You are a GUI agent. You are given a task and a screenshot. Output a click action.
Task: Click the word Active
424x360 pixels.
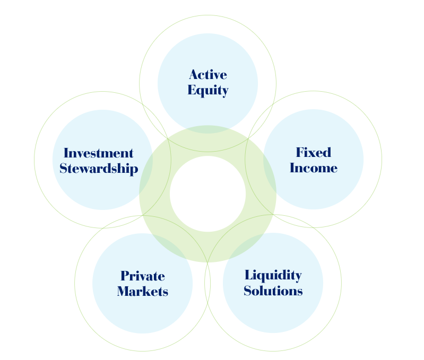207,75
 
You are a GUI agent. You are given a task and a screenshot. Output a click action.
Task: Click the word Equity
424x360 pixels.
207,91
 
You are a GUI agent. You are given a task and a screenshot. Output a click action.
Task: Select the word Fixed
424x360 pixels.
313,153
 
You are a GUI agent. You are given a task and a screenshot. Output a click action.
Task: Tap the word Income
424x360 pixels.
313,169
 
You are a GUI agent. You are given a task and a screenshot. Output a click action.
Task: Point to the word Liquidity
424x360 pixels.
273,276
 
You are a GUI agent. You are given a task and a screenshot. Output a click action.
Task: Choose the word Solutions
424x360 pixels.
273,291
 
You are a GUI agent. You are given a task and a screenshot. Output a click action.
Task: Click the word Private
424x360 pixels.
142,276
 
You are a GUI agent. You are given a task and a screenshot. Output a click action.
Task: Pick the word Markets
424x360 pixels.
142,291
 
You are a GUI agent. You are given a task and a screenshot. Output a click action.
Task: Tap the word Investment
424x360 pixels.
98,153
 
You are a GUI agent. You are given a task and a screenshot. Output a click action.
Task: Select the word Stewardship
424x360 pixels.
99,169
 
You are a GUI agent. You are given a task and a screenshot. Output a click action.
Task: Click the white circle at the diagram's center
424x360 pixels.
207,194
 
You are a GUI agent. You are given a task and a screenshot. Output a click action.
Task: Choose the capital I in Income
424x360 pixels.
292,169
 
